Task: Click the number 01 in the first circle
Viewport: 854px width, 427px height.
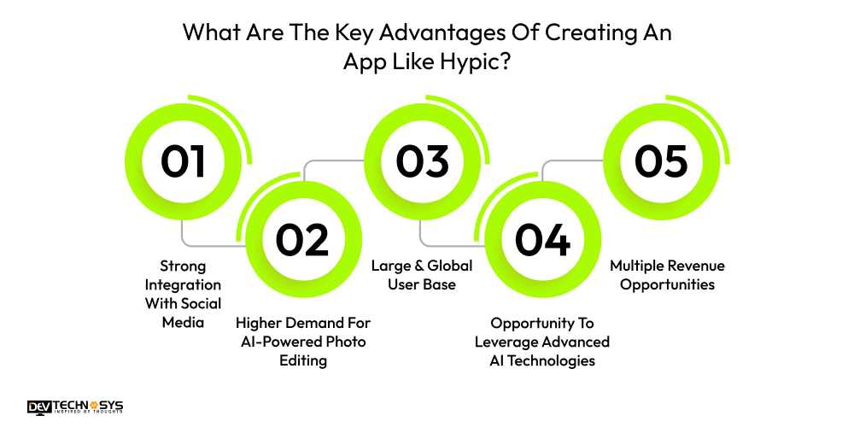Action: pos(184,161)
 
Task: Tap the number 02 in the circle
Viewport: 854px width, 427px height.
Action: pos(302,240)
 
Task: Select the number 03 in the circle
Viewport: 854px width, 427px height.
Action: pos(423,161)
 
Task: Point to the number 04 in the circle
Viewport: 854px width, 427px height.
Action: pos(542,240)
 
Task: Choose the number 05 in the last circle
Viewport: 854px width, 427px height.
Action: pos(662,161)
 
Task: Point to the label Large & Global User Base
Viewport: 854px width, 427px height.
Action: pos(422,275)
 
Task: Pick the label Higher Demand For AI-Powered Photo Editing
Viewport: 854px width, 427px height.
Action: pos(303,341)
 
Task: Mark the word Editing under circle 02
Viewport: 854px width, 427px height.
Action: pos(303,360)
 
